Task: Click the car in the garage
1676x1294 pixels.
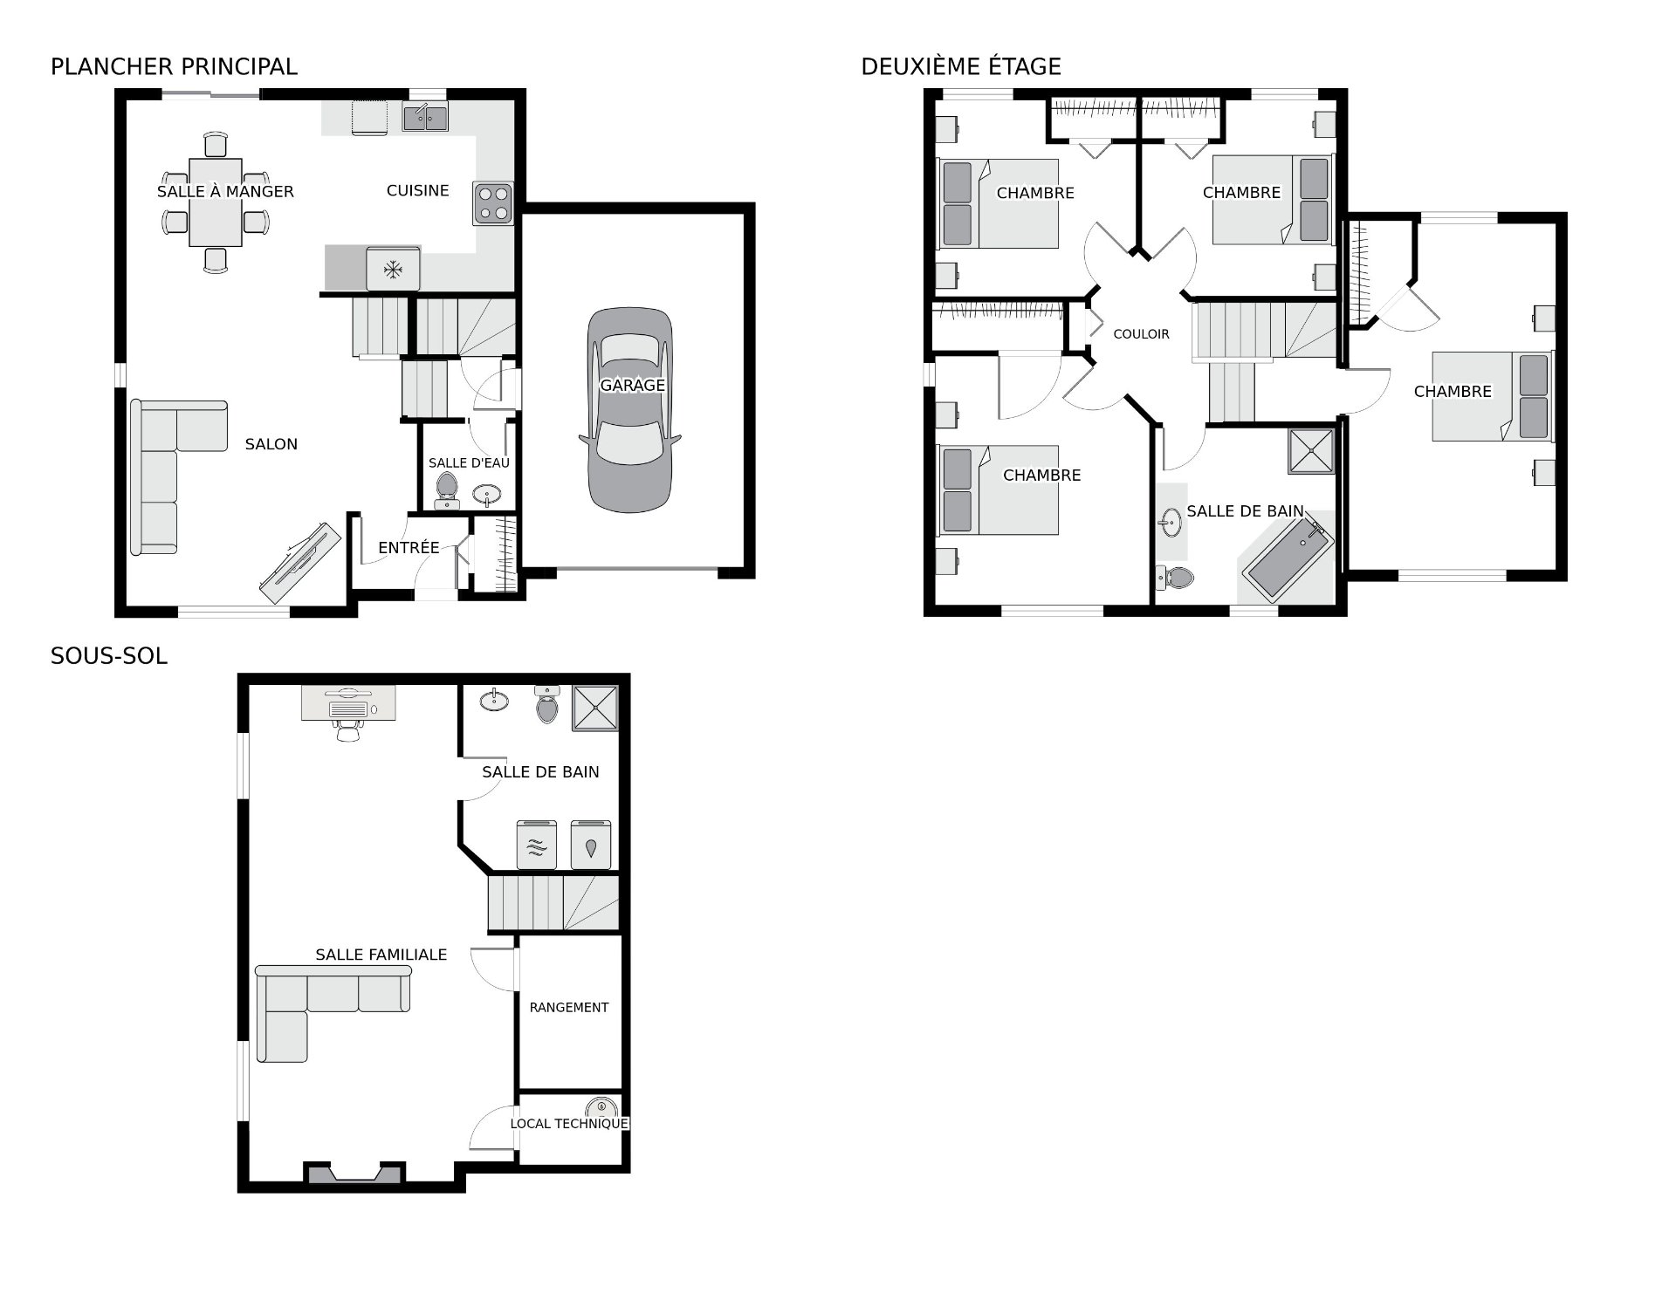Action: (629, 409)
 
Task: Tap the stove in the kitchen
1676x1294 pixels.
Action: (493, 203)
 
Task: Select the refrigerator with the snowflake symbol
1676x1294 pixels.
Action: (394, 269)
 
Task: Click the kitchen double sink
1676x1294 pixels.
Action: (425, 116)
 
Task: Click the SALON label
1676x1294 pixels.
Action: (271, 444)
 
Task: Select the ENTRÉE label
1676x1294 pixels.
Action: (409, 548)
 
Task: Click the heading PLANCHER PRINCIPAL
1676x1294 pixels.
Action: (174, 66)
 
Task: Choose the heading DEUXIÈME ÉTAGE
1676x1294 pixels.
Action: (961, 66)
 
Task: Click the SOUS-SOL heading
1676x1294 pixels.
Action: (109, 656)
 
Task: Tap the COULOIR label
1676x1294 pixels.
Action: (1141, 334)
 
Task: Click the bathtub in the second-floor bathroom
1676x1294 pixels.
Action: (1289, 558)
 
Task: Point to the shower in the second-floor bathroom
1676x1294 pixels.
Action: (1311, 452)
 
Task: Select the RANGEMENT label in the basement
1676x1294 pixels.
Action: (569, 1008)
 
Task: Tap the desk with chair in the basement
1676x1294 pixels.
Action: (348, 711)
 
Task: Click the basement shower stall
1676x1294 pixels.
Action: (594, 708)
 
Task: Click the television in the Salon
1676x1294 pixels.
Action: (299, 563)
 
